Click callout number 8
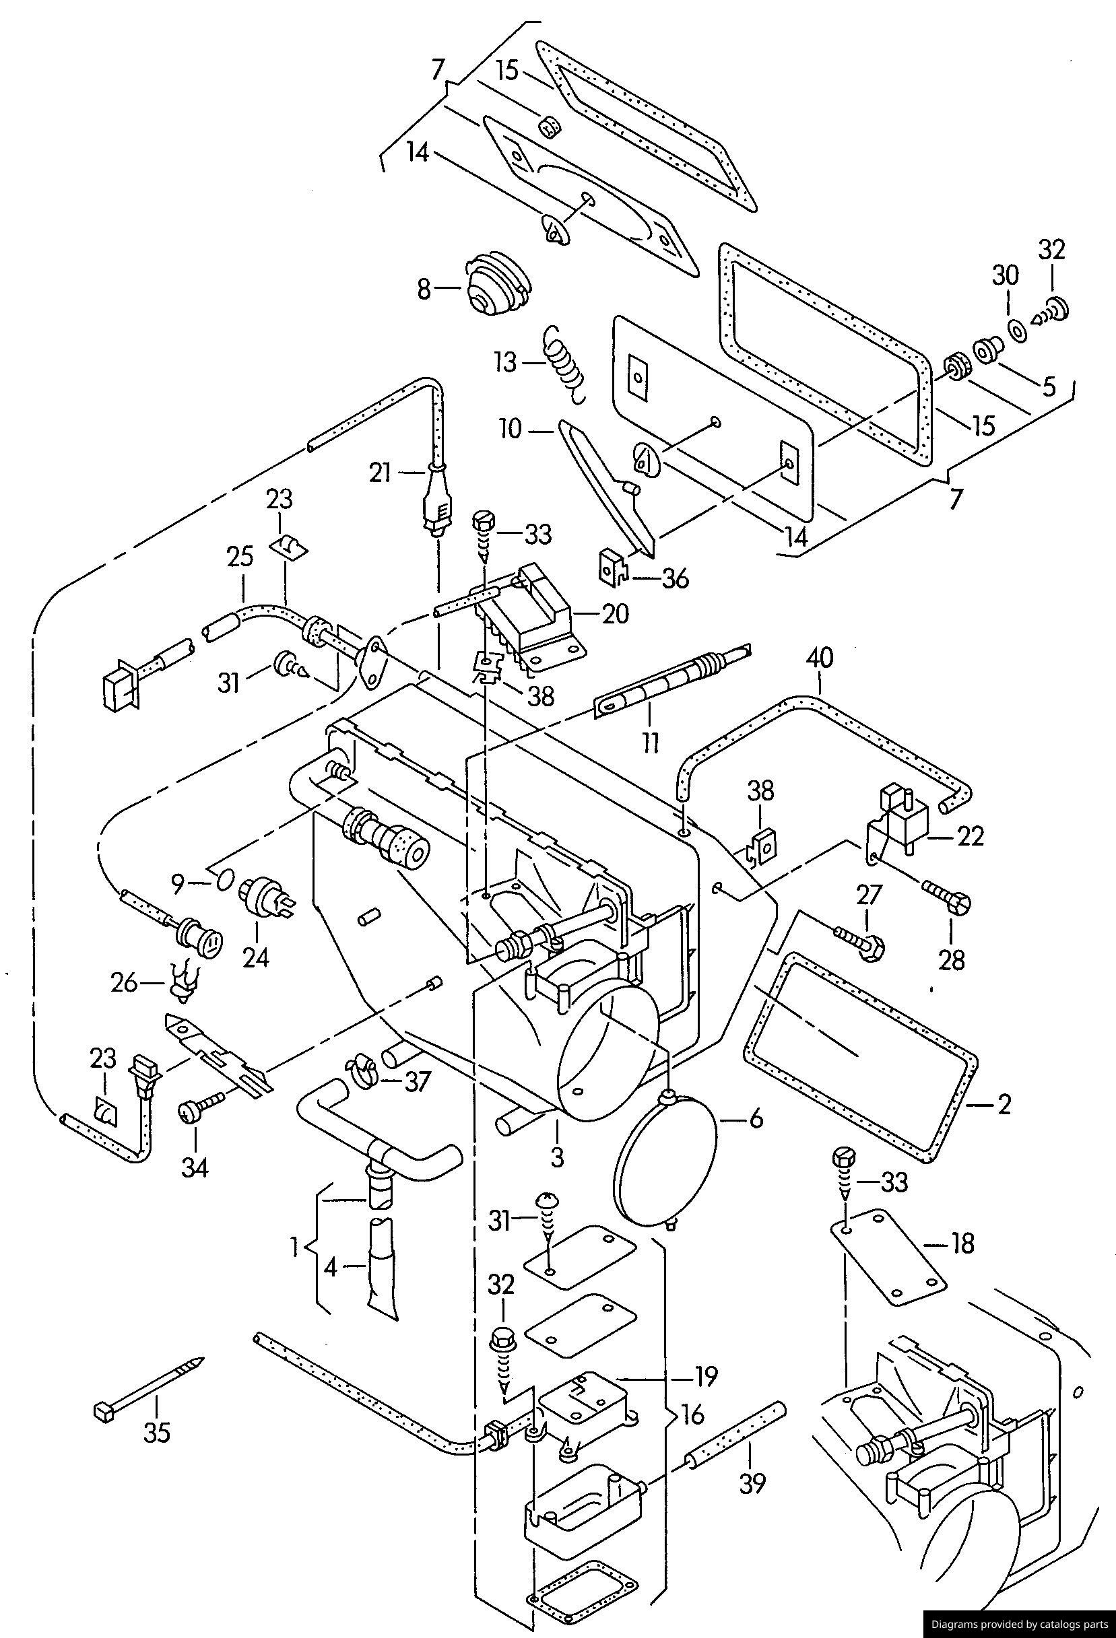click(x=424, y=289)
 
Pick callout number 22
click(x=970, y=836)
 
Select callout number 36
click(x=675, y=578)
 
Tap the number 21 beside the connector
click(x=380, y=473)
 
